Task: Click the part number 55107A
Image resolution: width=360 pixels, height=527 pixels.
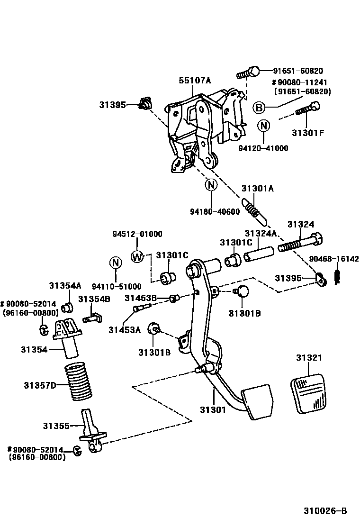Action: (194, 81)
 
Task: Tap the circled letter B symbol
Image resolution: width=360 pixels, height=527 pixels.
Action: (259, 108)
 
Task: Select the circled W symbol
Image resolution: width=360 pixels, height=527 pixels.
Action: (137, 256)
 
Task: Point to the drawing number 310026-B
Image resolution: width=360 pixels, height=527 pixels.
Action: (325, 510)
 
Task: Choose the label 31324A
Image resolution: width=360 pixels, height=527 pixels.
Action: (261, 234)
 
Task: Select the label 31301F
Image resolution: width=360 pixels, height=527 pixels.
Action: (308, 132)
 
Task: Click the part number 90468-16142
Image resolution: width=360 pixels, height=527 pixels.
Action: (334, 259)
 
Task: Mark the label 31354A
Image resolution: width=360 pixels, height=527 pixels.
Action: (65, 285)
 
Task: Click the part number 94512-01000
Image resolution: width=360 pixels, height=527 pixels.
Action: (137, 234)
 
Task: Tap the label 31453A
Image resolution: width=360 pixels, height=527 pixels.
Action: (125, 330)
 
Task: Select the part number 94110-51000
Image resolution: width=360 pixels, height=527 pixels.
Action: (117, 286)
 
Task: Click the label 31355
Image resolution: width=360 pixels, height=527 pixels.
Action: (56, 426)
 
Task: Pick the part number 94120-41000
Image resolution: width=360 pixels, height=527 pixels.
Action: (263, 148)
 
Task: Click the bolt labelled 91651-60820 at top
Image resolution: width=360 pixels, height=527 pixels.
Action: (249, 73)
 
